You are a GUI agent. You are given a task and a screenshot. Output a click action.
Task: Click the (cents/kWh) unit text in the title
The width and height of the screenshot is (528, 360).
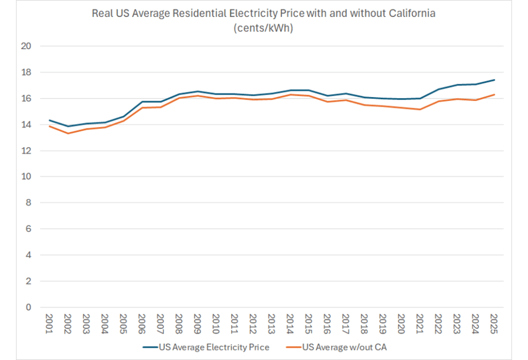[x=263, y=28]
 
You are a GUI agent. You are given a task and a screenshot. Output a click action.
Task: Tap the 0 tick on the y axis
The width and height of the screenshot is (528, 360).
[x=29, y=308]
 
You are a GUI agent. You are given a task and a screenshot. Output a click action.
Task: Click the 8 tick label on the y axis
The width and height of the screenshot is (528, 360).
[x=29, y=203]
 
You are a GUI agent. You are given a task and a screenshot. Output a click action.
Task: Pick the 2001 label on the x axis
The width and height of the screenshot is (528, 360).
[x=50, y=323]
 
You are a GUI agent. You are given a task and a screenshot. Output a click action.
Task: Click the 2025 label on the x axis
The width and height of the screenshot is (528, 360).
[x=494, y=323]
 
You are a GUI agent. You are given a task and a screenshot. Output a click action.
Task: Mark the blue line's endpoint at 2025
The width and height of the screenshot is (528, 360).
[x=494, y=80]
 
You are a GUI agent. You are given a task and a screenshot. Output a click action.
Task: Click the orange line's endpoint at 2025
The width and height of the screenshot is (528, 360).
[x=494, y=94]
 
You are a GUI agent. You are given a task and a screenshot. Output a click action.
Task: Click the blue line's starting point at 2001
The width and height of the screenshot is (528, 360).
[x=50, y=120]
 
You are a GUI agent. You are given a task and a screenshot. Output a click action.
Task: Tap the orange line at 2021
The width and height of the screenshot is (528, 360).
[x=420, y=109]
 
